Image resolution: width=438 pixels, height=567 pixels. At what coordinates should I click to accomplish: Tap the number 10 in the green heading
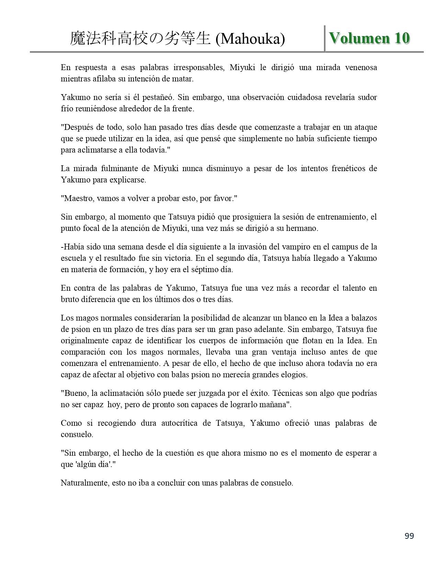(402, 38)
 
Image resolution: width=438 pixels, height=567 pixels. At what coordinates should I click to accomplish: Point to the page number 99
(409, 536)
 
